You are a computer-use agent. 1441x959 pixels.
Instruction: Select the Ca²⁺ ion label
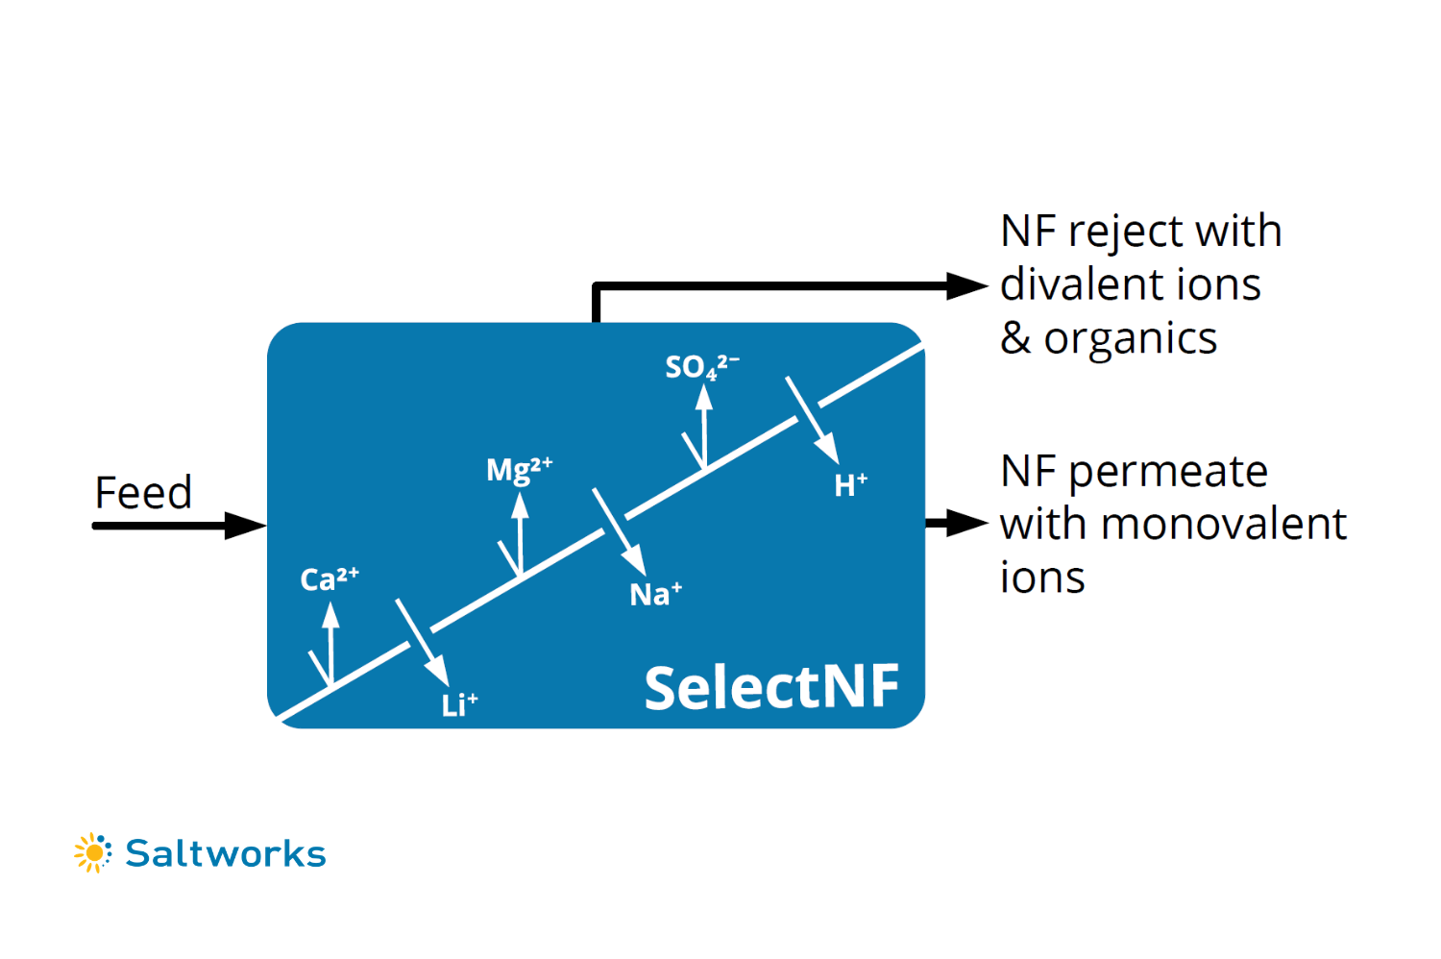(x=330, y=579)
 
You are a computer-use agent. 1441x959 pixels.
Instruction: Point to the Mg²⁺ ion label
(x=519, y=470)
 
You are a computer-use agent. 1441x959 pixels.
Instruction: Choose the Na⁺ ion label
(x=655, y=595)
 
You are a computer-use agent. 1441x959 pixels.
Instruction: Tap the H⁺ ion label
(x=850, y=485)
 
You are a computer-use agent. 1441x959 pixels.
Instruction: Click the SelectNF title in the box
(x=771, y=688)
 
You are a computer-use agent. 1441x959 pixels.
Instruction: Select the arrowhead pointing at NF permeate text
(x=965, y=524)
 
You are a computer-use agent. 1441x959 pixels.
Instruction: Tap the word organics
(x=1131, y=338)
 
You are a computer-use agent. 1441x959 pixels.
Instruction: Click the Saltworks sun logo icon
(x=93, y=852)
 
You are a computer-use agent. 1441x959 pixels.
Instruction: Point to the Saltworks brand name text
(x=226, y=853)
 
